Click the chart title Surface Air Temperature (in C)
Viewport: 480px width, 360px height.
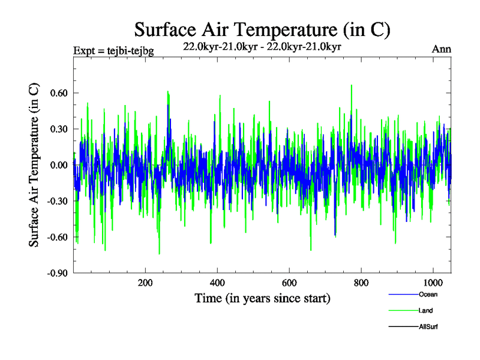262,29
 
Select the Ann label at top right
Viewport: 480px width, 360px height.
441,49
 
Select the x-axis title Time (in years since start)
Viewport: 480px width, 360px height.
262,298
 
